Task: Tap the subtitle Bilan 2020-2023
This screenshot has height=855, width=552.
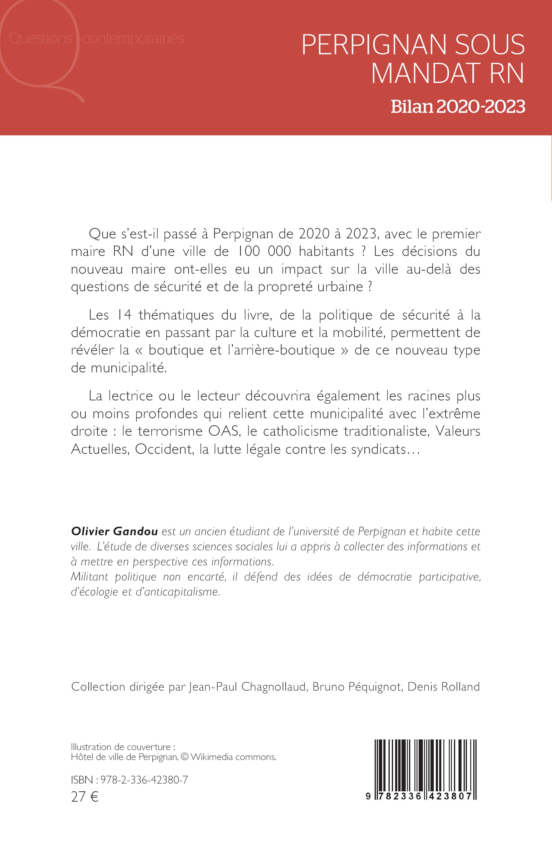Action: (458, 106)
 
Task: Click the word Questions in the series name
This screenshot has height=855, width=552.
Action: (40, 38)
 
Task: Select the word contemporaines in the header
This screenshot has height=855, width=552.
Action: (133, 38)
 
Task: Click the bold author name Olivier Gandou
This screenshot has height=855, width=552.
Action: (114, 531)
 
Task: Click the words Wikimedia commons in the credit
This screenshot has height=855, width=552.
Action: (233, 757)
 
